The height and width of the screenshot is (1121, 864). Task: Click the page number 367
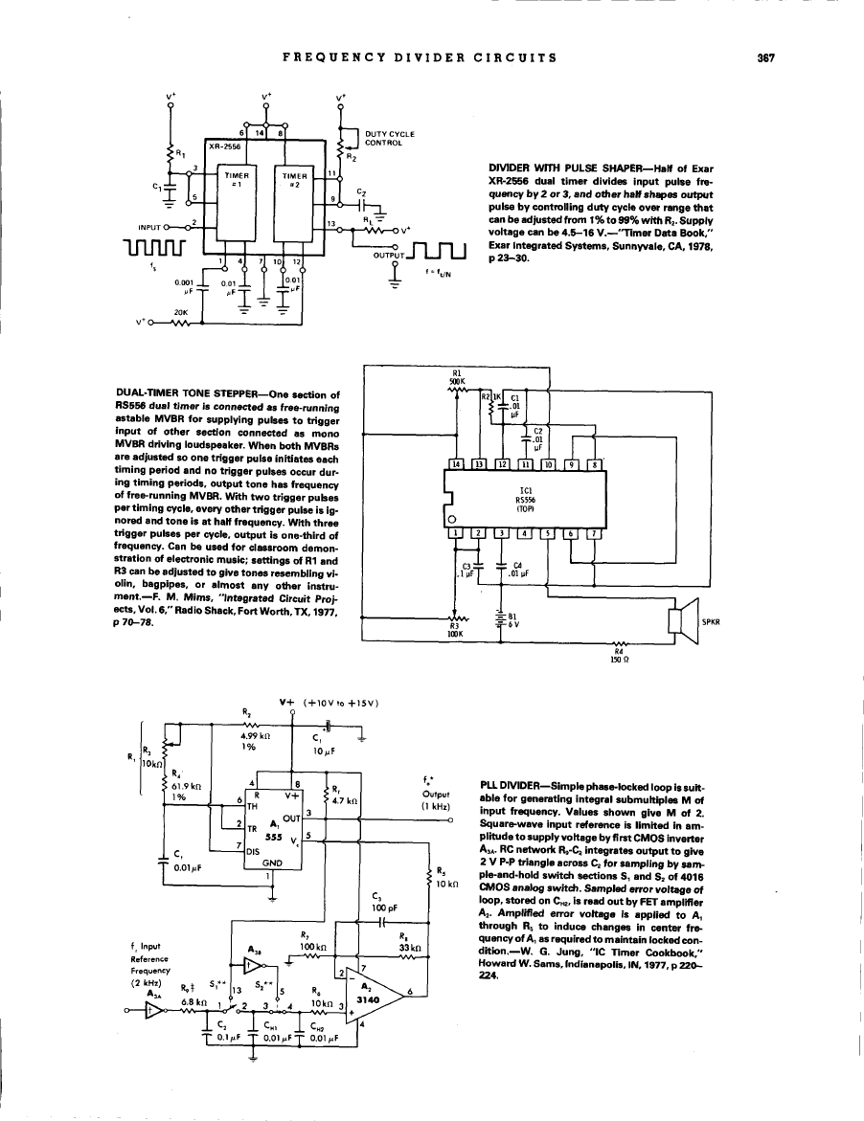point(764,57)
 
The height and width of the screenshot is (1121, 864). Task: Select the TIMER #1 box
point(236,179)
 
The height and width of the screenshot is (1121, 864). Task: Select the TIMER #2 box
point(292,179)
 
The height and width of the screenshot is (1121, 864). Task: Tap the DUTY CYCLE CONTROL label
point(389,137)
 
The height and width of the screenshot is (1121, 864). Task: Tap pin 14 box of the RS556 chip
point(459,465)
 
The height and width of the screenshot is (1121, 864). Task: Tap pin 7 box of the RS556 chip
point(595,533)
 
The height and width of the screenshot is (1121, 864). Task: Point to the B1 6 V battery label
point(512,621)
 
